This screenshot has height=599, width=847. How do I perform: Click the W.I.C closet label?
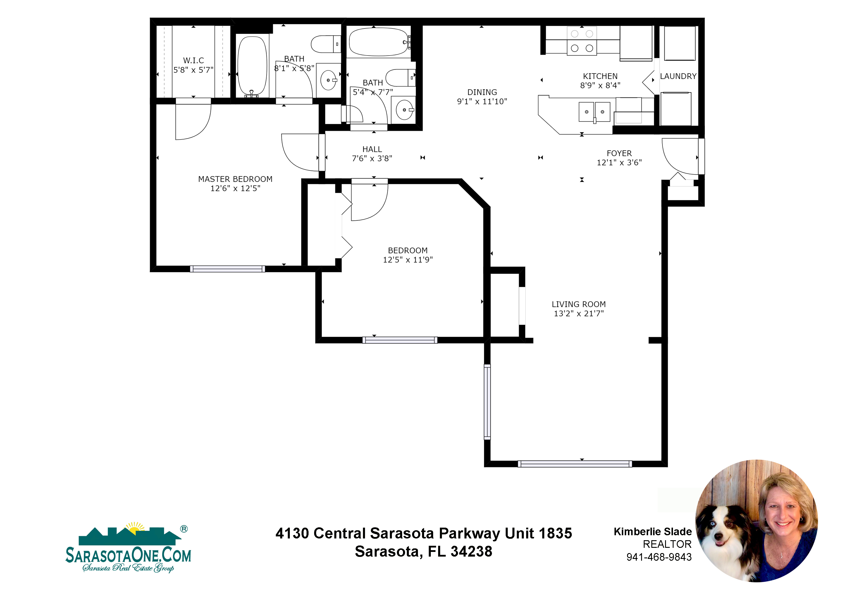(193, 61)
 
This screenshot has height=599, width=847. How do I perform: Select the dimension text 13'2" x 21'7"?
(579, 314)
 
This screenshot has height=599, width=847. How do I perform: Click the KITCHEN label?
(600, 76)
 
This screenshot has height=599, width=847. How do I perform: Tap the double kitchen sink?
(594, 112)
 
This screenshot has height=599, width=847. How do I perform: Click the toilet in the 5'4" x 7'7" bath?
(400, 78)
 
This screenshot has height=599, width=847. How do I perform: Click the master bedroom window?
(227, 269)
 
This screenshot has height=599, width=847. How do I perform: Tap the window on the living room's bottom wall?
(575, 464)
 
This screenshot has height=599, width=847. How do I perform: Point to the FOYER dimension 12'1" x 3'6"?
(619, 163)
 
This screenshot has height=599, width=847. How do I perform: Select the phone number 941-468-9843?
(659, 557)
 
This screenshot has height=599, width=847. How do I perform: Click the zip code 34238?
(471, 552)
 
